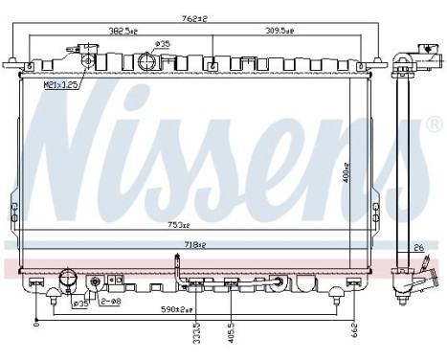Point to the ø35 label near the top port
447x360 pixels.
point(163,44)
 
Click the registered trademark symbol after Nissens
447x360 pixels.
point(433,125)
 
